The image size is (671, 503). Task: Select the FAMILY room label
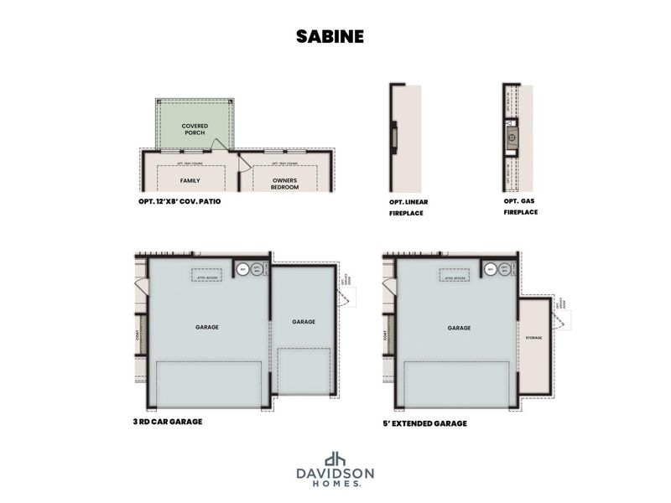point(190,180)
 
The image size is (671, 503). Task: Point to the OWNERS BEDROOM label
point(285,184)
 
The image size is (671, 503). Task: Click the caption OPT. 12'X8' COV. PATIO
point(180,202)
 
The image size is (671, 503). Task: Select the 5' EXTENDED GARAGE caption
point(424,423)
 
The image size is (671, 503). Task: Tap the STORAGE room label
point(534,338)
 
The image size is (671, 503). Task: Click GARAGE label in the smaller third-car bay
point(303,322)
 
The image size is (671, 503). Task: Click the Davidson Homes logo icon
point(335,459)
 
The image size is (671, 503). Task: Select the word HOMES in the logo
point(335,485)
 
